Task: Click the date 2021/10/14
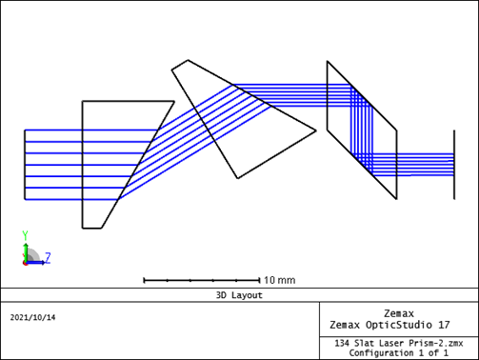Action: [32, 317]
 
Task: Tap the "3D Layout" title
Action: [239, 295]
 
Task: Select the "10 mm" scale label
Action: [280, 280]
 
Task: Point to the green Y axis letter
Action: [26, 235]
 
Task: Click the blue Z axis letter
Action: [48, 258]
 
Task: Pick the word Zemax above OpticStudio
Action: [399, 313]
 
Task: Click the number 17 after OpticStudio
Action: [444, 325]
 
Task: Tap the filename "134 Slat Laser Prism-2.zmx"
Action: [399, 343]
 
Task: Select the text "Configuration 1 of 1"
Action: [399, 353]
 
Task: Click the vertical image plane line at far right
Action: [454, 165]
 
